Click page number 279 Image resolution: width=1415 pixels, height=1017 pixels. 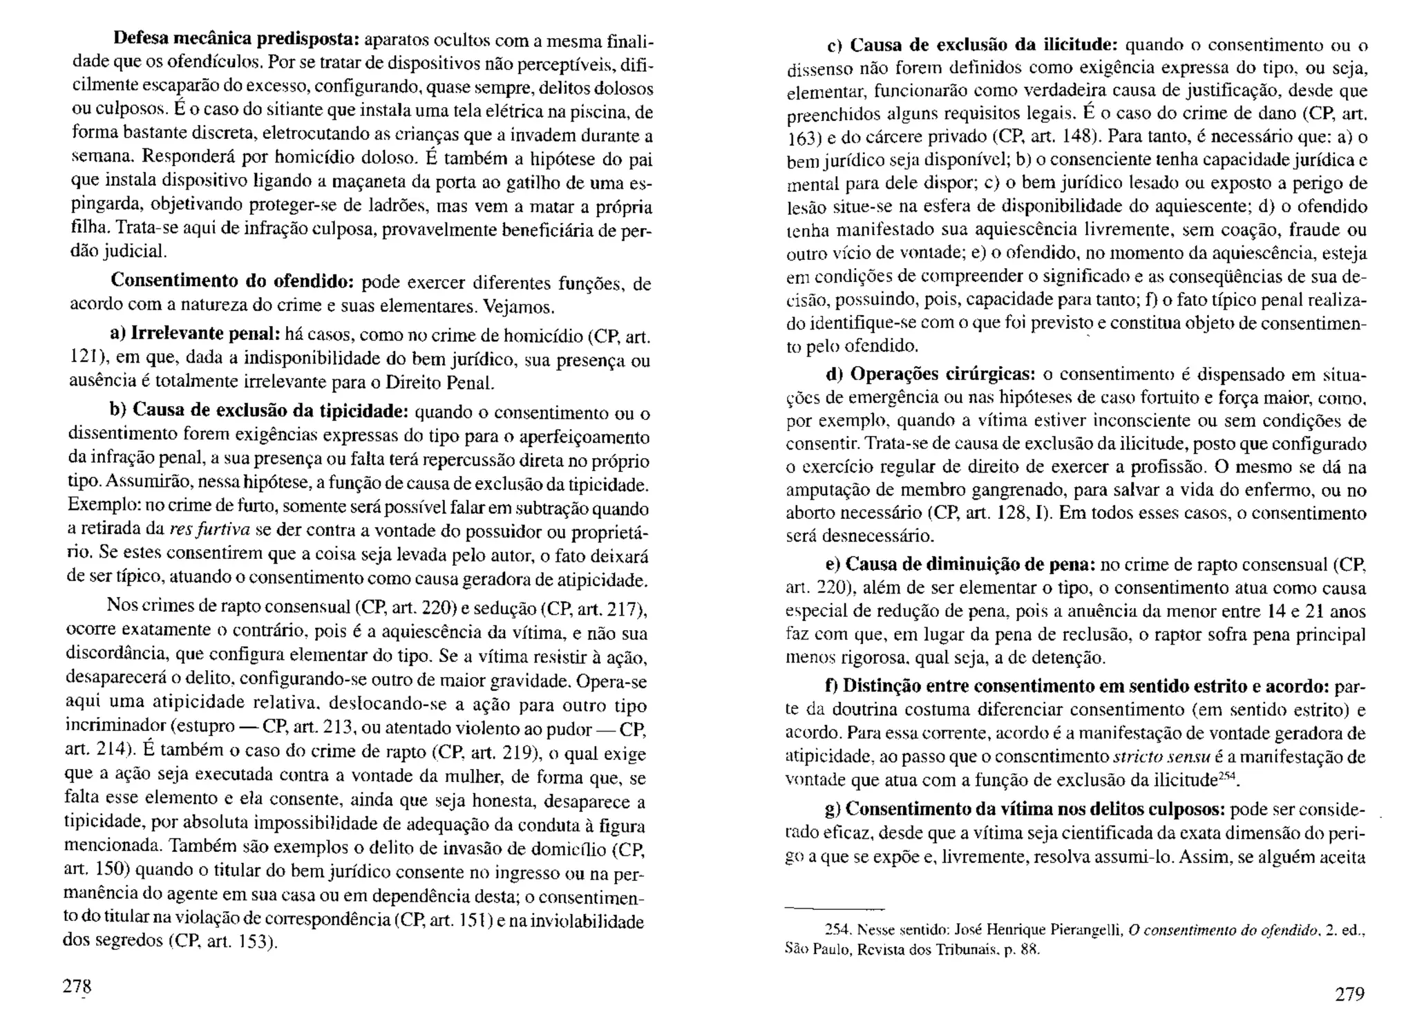tap(1349, 994)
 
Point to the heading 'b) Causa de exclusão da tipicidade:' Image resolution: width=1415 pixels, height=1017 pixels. tap(260, 410)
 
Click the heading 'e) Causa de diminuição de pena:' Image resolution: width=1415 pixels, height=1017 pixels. tap(960, 564)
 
